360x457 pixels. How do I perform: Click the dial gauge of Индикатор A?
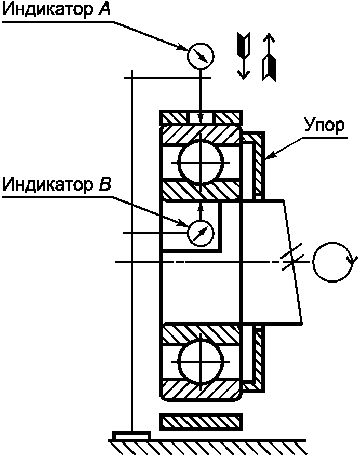(200, 55)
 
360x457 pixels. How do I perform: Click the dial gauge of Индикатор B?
(200, 233)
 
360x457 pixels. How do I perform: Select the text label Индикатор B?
(56, 184)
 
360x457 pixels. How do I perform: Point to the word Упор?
(323, 126)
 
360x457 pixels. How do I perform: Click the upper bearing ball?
(201, 162)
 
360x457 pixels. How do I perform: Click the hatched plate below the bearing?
(201, 422)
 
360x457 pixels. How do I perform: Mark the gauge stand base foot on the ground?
(132, 435)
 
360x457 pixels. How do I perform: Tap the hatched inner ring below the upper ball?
(201, 190)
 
